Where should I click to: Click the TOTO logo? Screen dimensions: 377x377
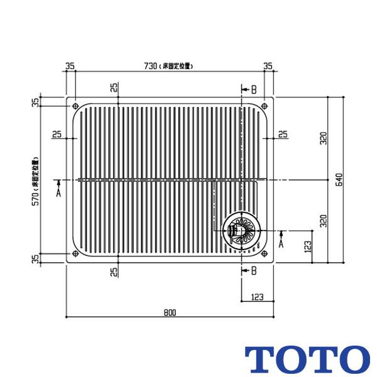click(306, 359)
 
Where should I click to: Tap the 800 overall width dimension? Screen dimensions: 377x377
click(170, 312)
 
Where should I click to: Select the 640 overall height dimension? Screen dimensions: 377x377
click(339, 180)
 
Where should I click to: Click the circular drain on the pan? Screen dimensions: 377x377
click(239, 229)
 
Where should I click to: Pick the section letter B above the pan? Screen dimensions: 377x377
click(253, 90)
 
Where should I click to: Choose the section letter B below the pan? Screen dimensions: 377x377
click(253, 271)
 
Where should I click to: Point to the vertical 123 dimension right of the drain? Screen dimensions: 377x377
click(308, 246)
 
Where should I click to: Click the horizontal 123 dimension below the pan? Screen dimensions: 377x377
click(258, 297)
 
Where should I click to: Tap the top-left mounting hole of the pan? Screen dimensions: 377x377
click(75, 106)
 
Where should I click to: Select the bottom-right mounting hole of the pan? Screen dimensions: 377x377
click(265, 254)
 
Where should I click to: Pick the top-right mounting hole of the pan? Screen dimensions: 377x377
click(265, 106)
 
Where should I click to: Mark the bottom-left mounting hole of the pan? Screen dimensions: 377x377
click(75, 254)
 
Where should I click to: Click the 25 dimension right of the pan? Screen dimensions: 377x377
click(282, 134)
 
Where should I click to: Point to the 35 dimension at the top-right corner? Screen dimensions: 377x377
click(268, 65)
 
